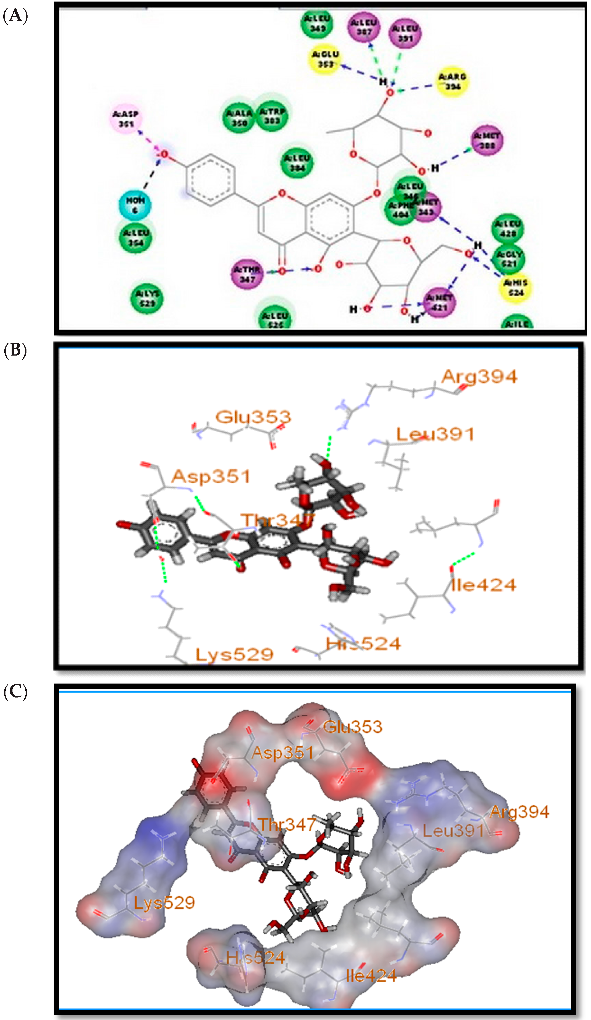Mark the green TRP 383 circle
pyautogui.click(x=272, y=116)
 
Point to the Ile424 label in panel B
pyautogui.click(x=483, y=585)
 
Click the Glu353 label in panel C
pyautogui.click(x=353, y=727)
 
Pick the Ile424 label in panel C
pyautogui.click(x=371, y=976)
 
